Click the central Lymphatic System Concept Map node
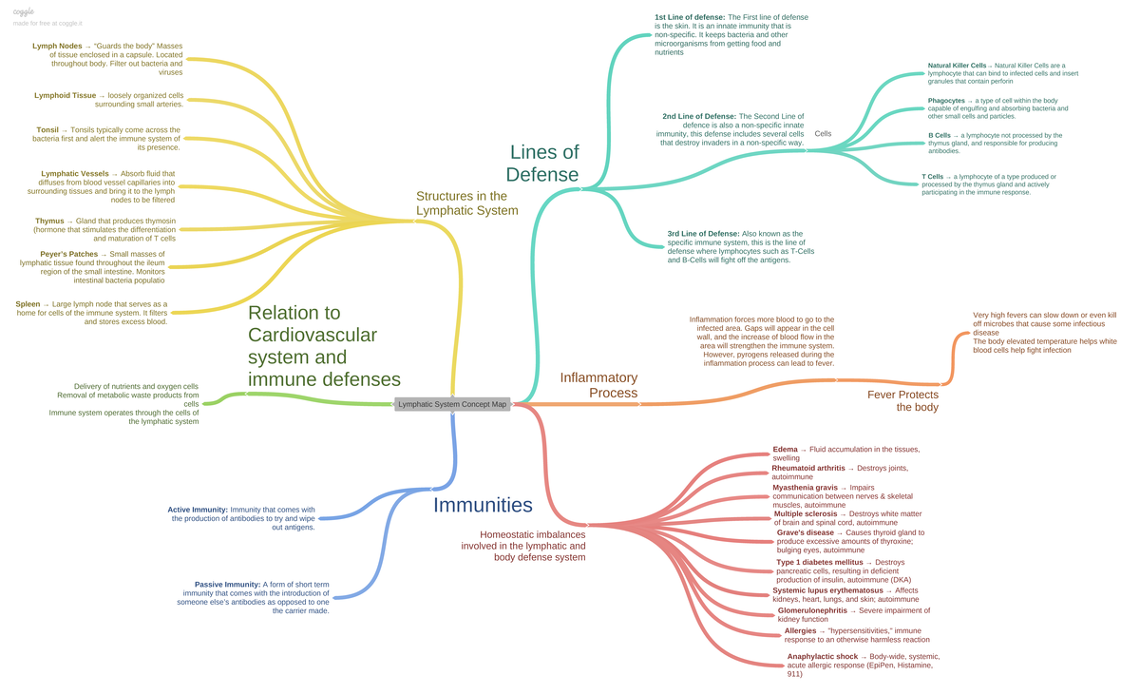click(x=452, y=404)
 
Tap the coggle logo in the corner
click(x=24, y=11)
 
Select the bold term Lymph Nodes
click(x=57, y=46)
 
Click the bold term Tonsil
click(x=47, y=129)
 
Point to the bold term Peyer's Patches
click(x=68, y=254)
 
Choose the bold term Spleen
click(x=28, y=304)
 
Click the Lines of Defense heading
click(x=542, y=163)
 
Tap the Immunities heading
click(x=483, y=505)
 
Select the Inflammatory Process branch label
click(x=598, y=385)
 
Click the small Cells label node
click(x=823, y=134)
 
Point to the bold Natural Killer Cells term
click(x=957, y=66)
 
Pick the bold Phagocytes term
click(x=946, y=101)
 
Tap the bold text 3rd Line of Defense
click(x=703, y=233)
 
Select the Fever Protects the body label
click(x=902, y=400)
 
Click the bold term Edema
click(x=785, y=449)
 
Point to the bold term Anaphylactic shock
click(x=823, y=657)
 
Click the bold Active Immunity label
click(x=198, y=510)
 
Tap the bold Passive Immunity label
click(x=227, y=585)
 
